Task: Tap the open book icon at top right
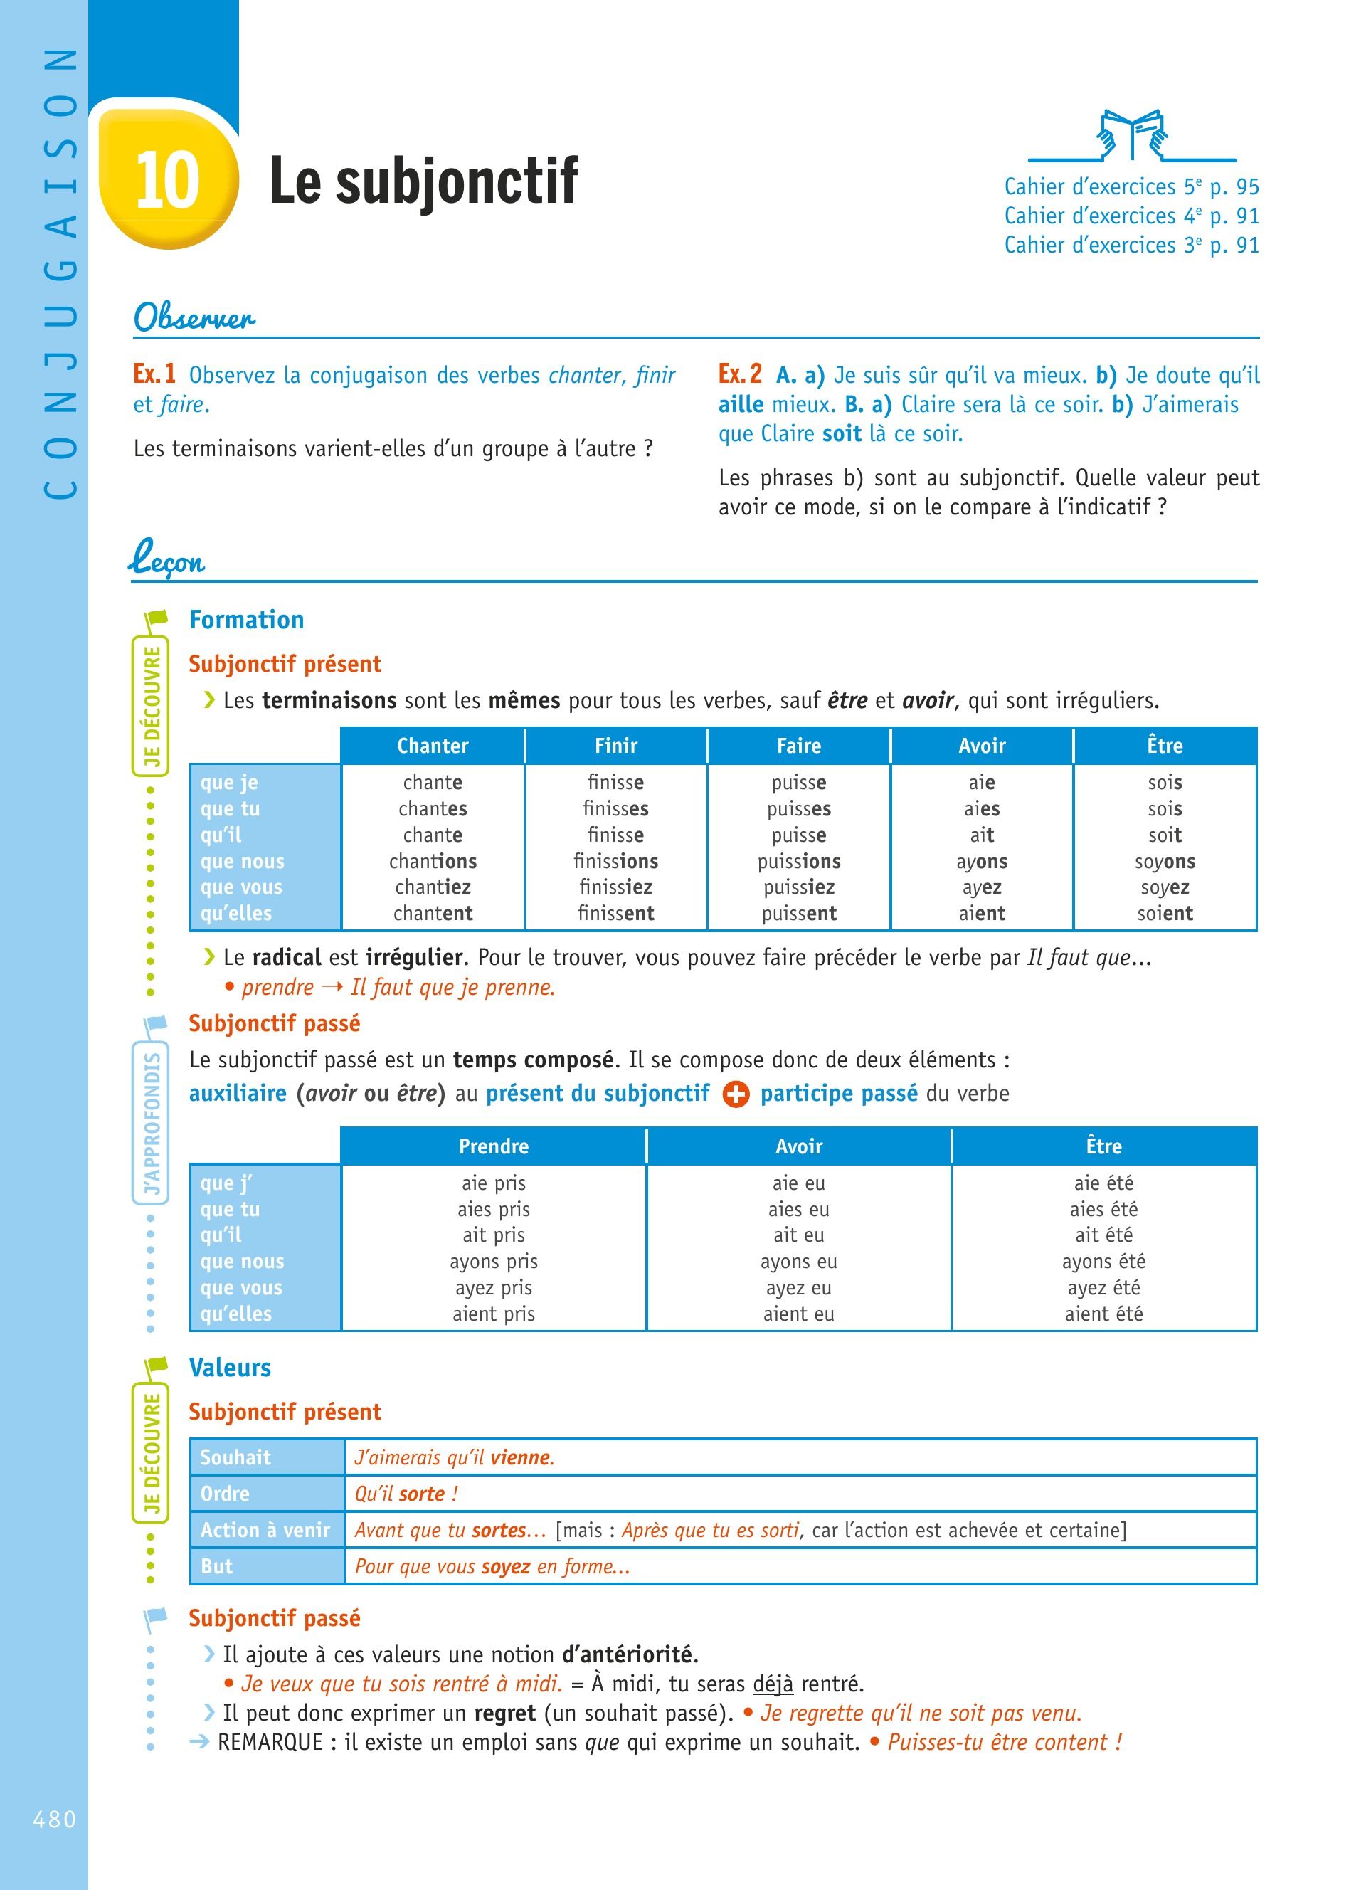pos(1131,135)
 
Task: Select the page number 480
pos(54,1818)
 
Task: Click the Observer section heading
pos(194,317)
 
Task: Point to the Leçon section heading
pos(167,560)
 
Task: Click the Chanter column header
pos(433,746)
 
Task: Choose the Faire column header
pos(799,746)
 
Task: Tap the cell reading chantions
pos(433,861)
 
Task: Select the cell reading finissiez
pos(615,887)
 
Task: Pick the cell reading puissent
pos(799,913)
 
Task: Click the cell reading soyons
pos(1165,861)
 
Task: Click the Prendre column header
pos(493,1146)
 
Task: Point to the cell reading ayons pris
pos(493,1261)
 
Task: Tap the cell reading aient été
pos(1103,1314)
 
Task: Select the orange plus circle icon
pos(736,1094)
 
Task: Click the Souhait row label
pos(235,1457)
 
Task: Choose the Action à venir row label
pos(265,1529)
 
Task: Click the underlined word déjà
pos(773,1684)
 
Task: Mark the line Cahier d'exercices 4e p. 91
pos(1131,216)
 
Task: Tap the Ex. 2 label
pos(740,374)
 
